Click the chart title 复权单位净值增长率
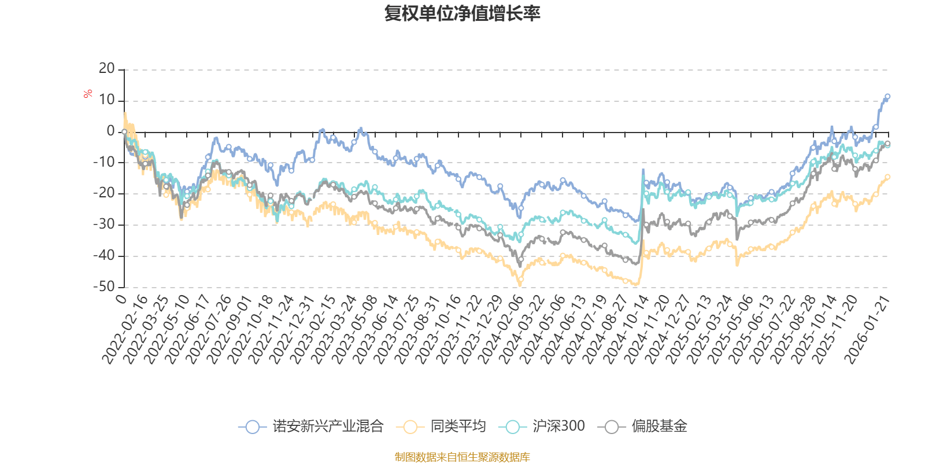tap(462, 13)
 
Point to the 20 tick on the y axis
tap(107, 69)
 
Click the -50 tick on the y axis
tap(105, 286)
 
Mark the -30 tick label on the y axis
tap(105, 224)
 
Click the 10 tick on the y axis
tap(107, 100)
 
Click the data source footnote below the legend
tap(462, 457)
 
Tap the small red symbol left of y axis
tap(88, 94)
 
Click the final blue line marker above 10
tap(887, 96)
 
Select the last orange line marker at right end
tap(887, 177)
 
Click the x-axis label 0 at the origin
tap(121, 299)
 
